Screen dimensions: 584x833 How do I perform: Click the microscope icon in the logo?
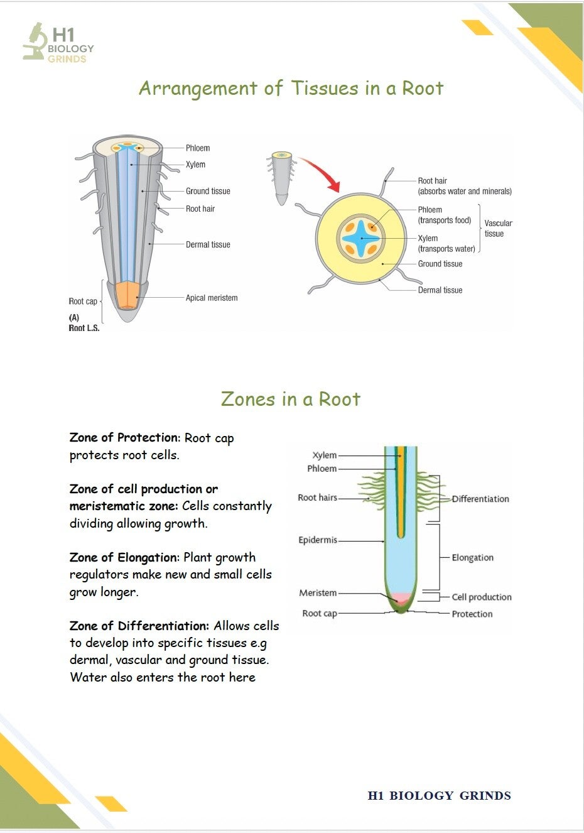click(x=35, y=41)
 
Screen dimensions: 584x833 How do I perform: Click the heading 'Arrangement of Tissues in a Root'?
click(x=291, y=89)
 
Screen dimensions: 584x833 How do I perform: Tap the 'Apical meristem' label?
click(x=212, y=298)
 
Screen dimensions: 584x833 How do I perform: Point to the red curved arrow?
click(x=322, y=172)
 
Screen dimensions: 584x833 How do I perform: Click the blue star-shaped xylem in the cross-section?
click(x=360, y=238)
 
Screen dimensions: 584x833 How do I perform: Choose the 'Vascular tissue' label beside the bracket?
click(x=498, y=228)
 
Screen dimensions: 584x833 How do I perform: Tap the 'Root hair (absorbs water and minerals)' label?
click(x=465, y=186)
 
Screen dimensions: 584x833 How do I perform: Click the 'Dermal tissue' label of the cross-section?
click(x=440, y=290)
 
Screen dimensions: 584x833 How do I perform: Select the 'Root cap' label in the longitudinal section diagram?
click(x=83, y=301)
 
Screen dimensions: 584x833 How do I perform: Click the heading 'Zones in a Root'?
click(x=291, y=399)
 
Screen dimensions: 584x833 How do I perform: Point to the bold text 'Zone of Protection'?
click(x=124, y=437)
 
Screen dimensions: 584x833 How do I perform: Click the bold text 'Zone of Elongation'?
click(x=124, y=557)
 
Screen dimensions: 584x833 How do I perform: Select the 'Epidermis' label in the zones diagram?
click(x=318, y=540)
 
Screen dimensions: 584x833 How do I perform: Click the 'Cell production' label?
click(x=482, y=597)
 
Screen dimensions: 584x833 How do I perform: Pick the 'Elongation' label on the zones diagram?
click(x=472, y=557)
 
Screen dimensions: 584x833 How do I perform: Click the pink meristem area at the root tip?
click(x=401, y=597)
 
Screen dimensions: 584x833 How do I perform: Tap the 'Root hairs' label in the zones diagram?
click(x=318, y=498)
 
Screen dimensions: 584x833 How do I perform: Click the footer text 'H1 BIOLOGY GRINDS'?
click(x=440, y=795)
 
